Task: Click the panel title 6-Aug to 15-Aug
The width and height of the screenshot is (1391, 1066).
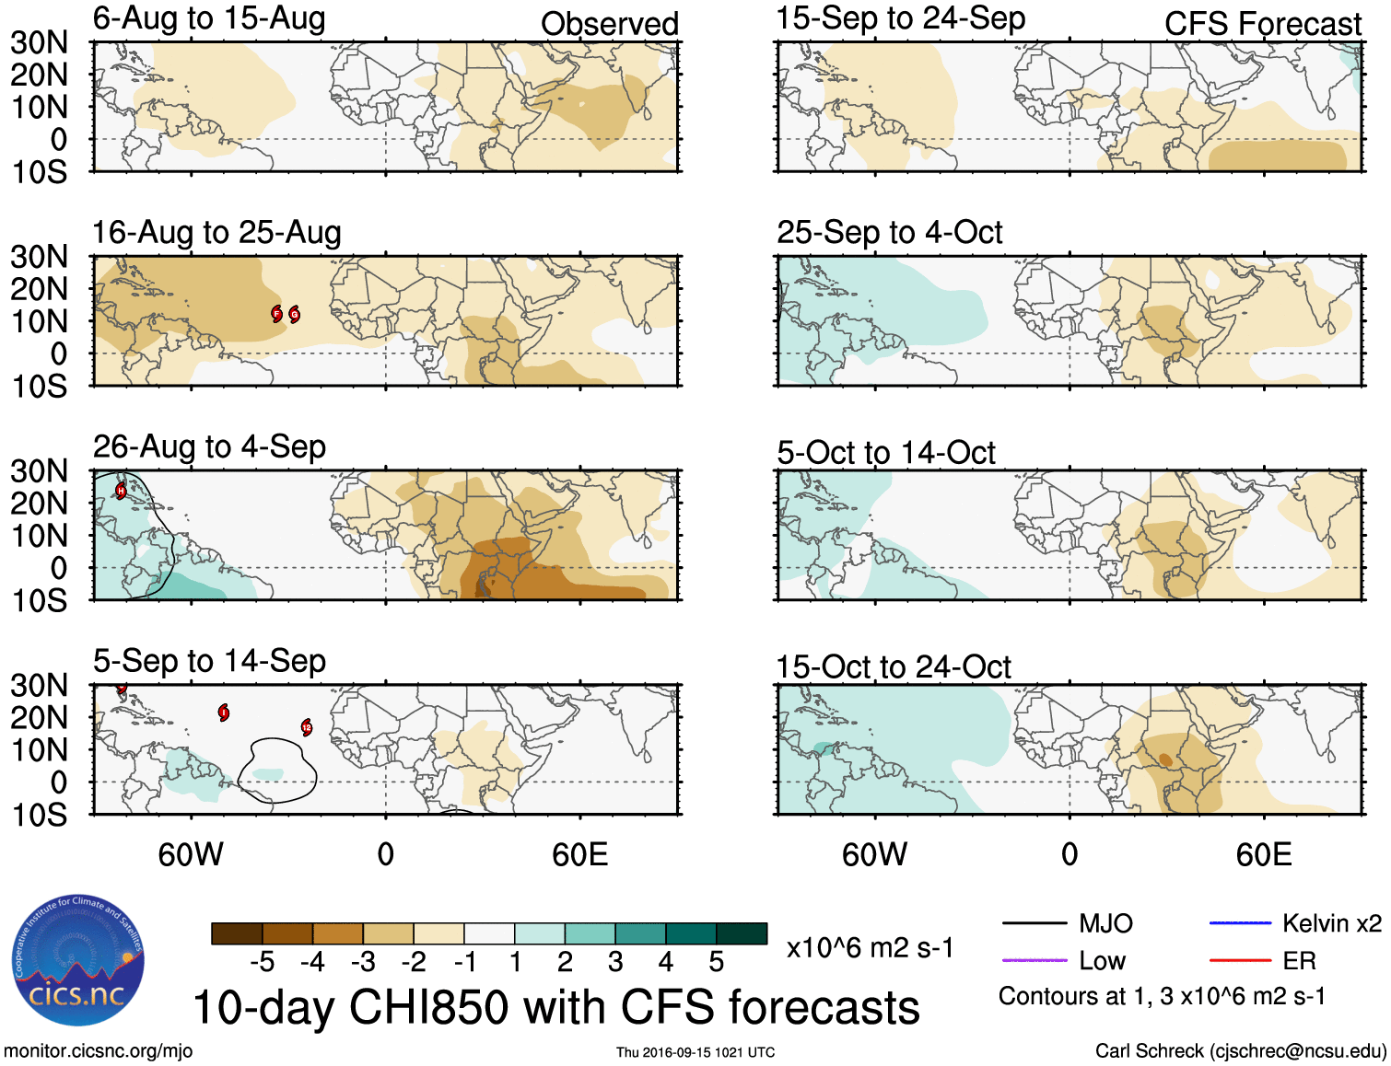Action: pos(209,18)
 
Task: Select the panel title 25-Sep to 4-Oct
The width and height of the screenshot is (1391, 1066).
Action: pos(889,232)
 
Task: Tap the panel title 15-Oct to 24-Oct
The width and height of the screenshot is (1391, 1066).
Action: pos(893,666)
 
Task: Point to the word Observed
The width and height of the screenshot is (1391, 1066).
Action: pos(609,24)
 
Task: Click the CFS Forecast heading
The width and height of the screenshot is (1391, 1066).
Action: pos(1262,24)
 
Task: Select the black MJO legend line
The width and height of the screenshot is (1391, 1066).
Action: pos(1034,923)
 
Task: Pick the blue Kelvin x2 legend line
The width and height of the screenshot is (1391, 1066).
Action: pos(1240,923)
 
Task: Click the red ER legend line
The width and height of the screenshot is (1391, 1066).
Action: pos(1240,961)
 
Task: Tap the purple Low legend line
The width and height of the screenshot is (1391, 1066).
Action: pos(1034,961)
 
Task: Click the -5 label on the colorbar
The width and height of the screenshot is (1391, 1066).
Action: pos(262,962)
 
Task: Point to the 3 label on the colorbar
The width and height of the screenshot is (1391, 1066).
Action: pos(615,962)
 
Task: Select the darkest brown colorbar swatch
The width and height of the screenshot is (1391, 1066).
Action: pos(237,933)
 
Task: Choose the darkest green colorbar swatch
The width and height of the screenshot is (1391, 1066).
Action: pos(742,933)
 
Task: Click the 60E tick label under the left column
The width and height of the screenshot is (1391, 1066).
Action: pos(579,854)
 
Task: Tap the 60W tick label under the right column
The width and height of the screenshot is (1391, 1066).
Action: pos(874,854)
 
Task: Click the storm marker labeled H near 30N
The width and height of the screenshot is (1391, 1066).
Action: pos(121,491)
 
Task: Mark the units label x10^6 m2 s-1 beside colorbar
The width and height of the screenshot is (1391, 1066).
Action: pos(870,948)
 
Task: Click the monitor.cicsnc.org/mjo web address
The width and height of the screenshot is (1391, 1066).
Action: pos(98,1051)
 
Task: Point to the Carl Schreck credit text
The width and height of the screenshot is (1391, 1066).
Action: pos(1240,1051)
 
